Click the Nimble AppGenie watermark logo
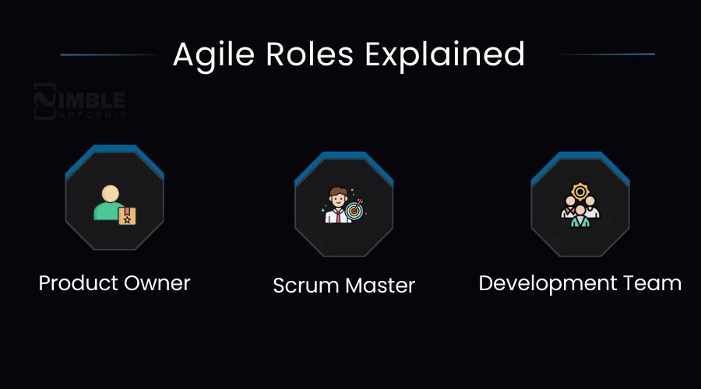click(79, 103)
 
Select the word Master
click(379, 286)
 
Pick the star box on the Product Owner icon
click(127, 216)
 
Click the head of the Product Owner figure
click(111, 193)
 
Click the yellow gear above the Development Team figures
click(579, 191)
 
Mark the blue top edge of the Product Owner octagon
click(114, 149)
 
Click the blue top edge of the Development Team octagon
click(580, 156)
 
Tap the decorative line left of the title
click(109, 54)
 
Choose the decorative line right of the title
click(608, 54)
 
